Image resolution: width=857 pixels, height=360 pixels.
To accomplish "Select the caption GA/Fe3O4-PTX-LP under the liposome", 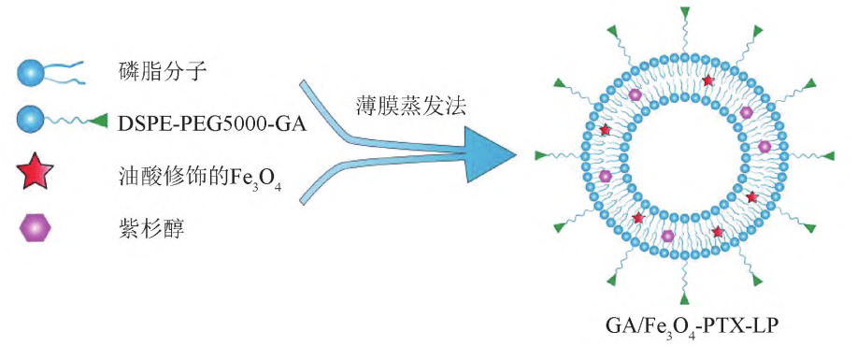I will tap(687, 328).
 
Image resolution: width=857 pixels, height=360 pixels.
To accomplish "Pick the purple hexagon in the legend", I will tap(33, 227).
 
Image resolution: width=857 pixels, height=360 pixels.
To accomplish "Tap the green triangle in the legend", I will tap(100, 120).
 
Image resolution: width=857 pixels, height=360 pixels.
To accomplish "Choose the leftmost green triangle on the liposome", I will tap(541, 154).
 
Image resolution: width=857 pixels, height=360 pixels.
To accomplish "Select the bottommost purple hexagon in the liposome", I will tap(668, 235).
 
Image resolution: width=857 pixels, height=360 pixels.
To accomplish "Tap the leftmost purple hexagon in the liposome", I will tap(606, 176).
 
